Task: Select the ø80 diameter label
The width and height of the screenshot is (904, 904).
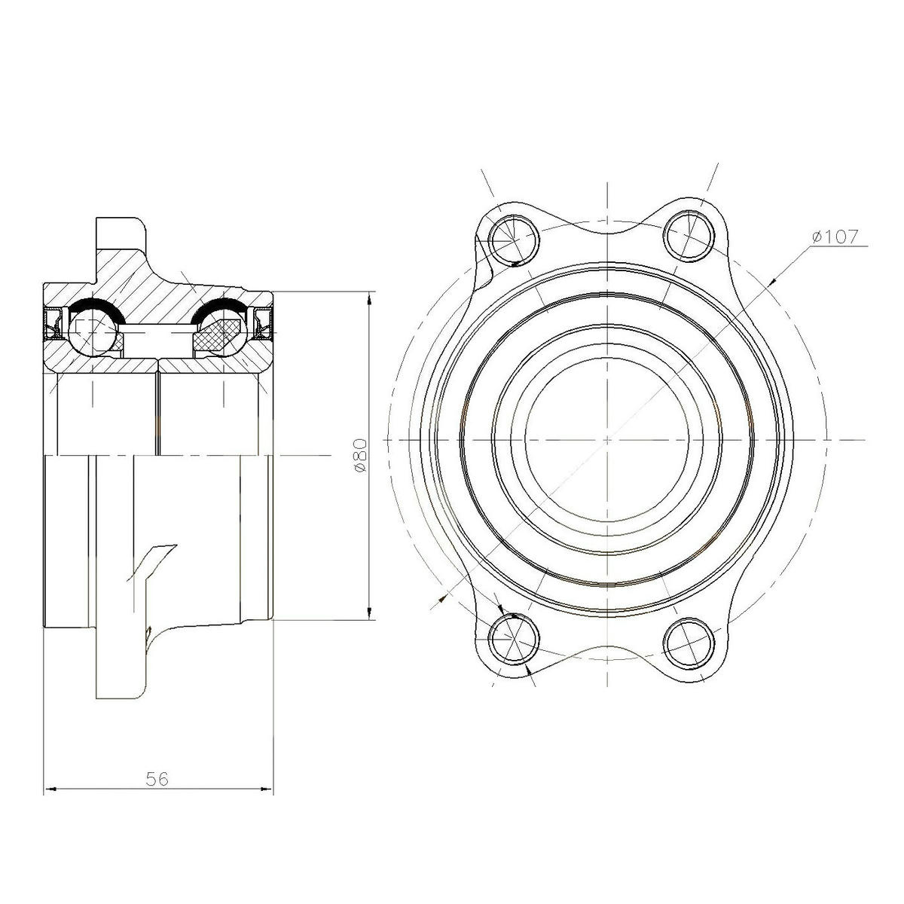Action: click(359, 455)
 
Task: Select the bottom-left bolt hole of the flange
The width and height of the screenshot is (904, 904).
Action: click(514, 640)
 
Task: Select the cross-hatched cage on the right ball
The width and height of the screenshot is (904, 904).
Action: click(218, 333)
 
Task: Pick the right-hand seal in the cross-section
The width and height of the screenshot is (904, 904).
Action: click(263, 322)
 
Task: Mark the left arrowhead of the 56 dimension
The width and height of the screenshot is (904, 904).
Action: click(50, 790)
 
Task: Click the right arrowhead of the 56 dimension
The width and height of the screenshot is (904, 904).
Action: click(267, 790)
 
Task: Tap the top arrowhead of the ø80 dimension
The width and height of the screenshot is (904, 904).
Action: click(369, 298)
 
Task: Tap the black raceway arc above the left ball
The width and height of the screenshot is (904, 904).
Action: click(92, 304)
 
